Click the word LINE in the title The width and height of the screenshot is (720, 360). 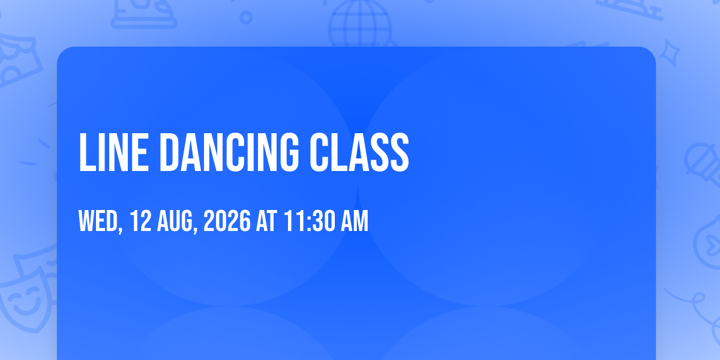tap(113, 152)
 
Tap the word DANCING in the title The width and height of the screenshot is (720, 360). tap(229, 152)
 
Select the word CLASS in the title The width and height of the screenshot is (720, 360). tap(359, 152)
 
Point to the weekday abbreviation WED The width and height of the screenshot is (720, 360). tap(98, 221)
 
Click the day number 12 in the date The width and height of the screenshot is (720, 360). tap(140, 221)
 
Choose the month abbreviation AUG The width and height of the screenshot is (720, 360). tap(175, 221)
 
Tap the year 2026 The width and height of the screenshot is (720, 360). tap(227, 221)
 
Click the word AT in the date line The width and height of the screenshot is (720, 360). tap(266, 221)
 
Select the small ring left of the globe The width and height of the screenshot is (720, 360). tap(246, 17)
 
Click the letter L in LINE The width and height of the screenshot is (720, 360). tap(88, 152)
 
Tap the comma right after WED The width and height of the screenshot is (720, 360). tap(120, 229)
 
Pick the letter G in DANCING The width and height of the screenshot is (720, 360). tap(289, 152)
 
